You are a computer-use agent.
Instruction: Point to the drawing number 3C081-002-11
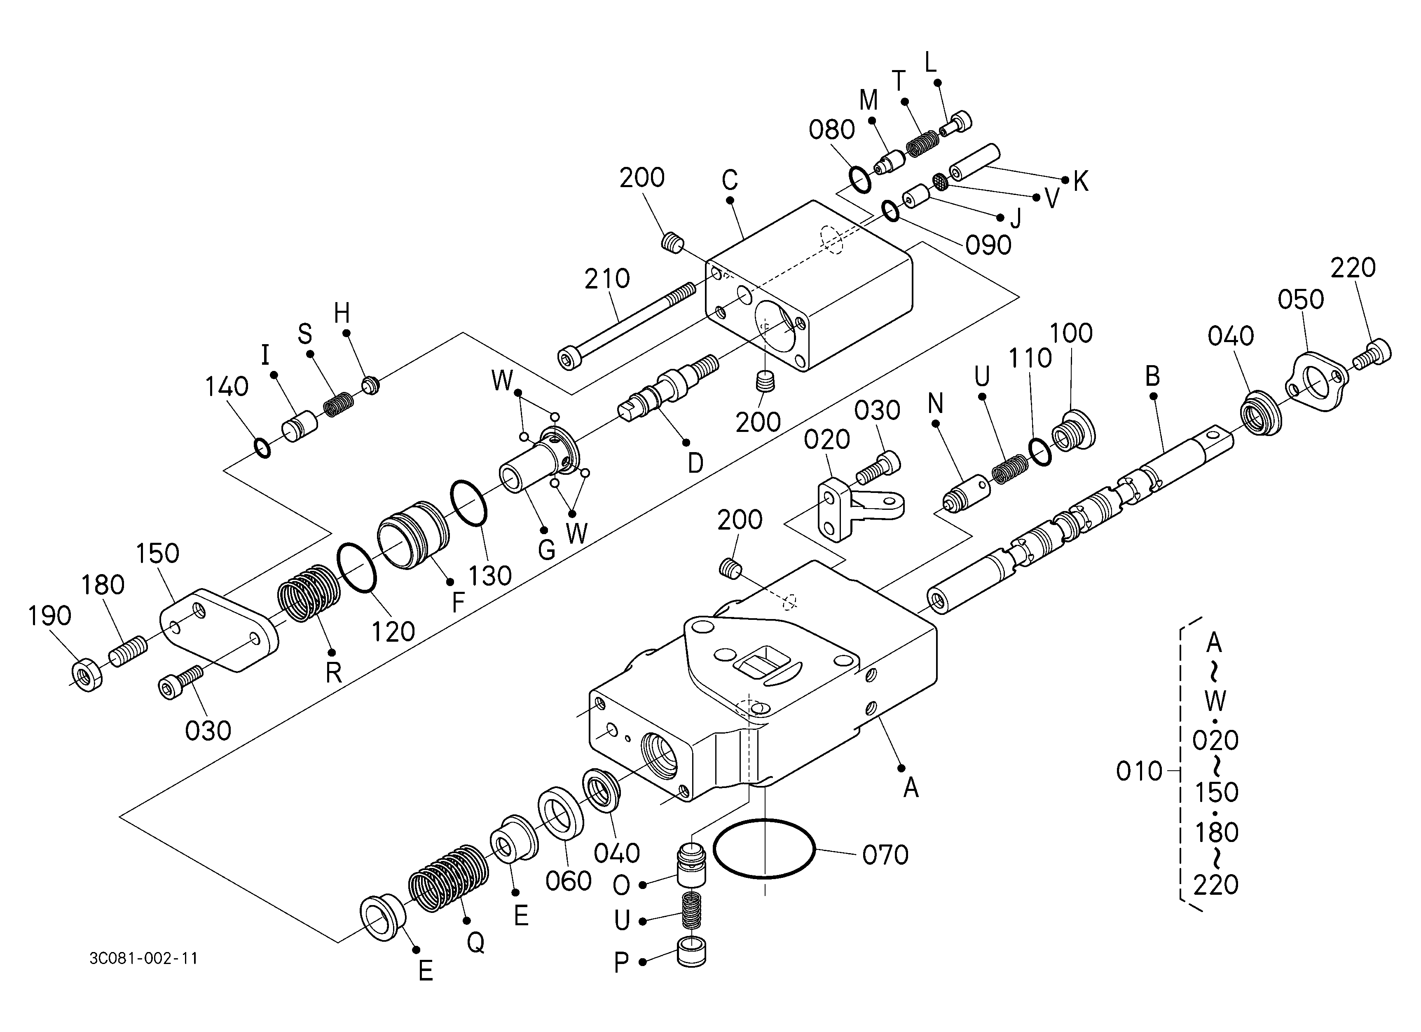143,959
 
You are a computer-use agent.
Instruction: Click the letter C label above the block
729,181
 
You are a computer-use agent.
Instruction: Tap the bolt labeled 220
1372,354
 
